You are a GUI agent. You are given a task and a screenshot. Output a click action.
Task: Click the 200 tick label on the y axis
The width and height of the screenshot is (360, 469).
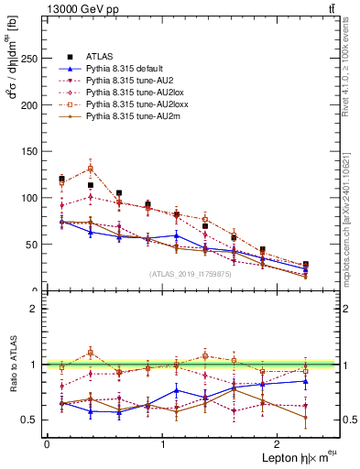[30, 105]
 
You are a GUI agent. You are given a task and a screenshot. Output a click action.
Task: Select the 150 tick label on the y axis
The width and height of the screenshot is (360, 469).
[30, 152]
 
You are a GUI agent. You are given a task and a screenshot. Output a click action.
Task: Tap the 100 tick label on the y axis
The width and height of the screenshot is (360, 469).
[30, 198]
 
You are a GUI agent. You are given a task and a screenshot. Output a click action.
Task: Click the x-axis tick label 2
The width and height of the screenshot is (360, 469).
[278, 443]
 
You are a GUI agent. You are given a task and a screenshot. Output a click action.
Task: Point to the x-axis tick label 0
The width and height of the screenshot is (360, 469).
[47, 443]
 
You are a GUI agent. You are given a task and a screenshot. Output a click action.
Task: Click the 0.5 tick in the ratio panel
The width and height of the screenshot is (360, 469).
[33, 420]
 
